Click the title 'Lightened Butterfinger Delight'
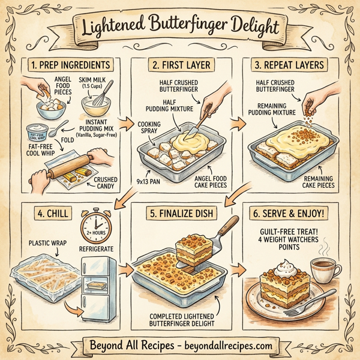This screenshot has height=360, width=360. pos(179,27)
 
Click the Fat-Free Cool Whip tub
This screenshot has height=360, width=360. pos(39,134)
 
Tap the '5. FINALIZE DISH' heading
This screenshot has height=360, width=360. pos(180,212)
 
